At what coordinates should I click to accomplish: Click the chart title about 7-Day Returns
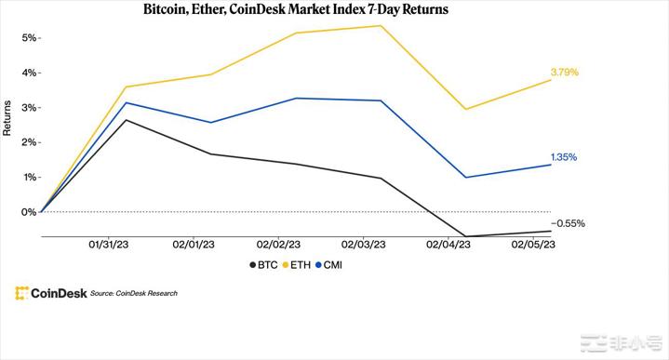(295, 11)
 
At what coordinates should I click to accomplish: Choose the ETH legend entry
(296, 265)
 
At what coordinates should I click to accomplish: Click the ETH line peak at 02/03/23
(380, 25)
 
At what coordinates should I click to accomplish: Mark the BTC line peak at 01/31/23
(126, 120)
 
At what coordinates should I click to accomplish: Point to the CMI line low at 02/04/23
(464, 177)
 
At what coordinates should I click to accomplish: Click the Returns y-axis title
(7, 119)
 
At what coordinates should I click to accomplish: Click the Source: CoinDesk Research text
(134, 294)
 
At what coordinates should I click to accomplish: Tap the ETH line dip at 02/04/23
(464, 109)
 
